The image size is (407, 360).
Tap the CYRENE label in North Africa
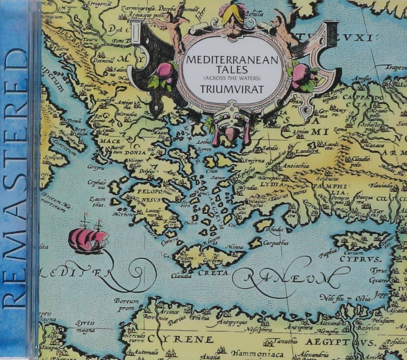[x=185, y=339]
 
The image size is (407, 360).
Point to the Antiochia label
[x=294, y=166]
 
